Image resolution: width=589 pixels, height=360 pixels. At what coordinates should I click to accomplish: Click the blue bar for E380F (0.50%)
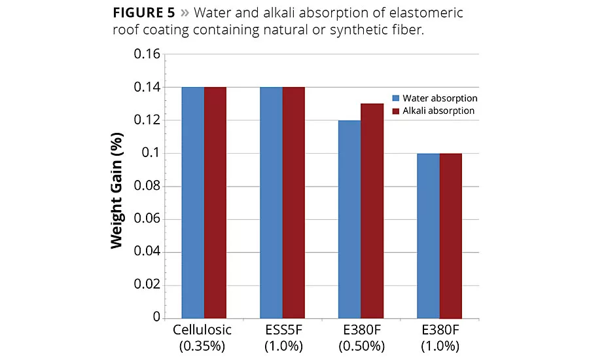point(349,219)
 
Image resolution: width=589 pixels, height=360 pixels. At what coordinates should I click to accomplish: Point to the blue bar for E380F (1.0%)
point(428,235)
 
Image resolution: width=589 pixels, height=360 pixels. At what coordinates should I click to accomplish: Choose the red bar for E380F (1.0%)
point(450,235)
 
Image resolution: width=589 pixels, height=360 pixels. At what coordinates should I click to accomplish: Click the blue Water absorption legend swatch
point(395,98)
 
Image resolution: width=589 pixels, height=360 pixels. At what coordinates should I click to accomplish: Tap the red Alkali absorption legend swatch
point(395,111)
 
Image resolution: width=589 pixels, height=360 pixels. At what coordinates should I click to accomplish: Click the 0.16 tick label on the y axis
point(147,54)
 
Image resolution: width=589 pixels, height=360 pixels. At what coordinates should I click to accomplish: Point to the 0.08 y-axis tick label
point(147,186)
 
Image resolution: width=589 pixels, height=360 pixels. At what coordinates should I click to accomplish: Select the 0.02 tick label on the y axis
point(147,285)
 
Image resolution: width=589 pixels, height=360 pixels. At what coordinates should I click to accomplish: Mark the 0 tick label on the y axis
point(156,317)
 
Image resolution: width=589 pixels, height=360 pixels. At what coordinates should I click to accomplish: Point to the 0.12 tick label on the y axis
point(147,120)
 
